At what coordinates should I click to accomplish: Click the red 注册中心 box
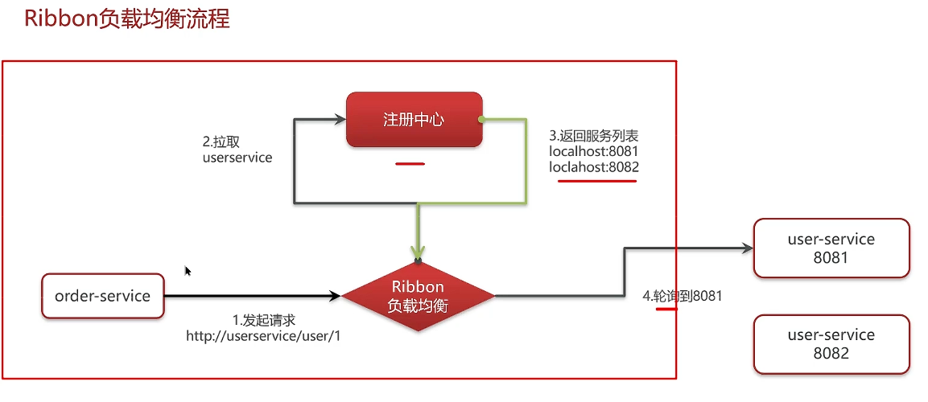(x=414, y=120)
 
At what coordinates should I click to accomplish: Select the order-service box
(x=102, y=296)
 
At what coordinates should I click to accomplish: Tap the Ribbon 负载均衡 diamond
(x=419, y=297)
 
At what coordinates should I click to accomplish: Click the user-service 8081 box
(x=831, y=248)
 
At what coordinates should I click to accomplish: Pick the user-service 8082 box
(x=831, y=344)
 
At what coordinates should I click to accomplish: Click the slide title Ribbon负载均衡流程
(x=126, y=19)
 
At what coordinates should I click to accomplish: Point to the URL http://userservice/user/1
(x=264, y=336)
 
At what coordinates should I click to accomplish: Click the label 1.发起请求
(x=264, y=321)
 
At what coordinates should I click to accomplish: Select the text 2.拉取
(x=221, y=142)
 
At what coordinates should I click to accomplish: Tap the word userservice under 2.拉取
(x=237, y=158)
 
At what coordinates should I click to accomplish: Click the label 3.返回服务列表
(x=594, y=135)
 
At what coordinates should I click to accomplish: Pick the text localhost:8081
(x=594, y=151)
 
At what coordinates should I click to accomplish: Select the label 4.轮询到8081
(x=682, y=296)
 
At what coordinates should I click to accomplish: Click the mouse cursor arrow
(x=188, y=271)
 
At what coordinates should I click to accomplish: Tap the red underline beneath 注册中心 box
(x=410, y=164)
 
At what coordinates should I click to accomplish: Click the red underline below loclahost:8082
(x=597, y=181)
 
